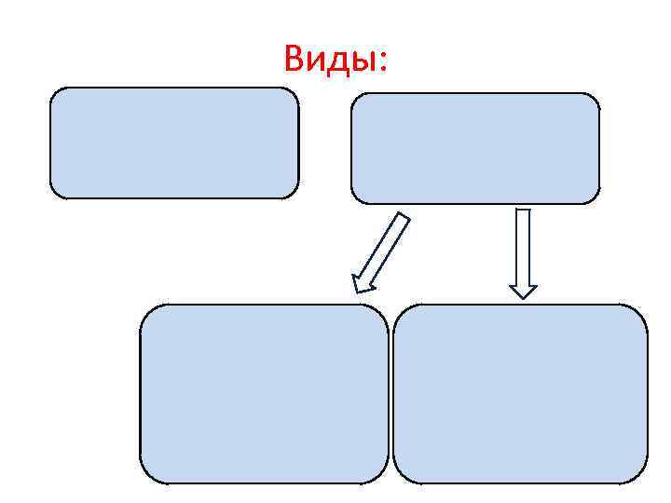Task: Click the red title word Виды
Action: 337,61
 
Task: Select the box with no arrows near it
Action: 174,143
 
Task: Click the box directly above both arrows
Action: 474,147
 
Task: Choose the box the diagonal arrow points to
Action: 264,393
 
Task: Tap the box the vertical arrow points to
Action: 520,393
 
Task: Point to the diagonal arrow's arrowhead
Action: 359,285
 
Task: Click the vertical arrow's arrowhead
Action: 524,290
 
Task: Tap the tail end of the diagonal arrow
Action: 404,218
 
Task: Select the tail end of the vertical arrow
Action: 524,211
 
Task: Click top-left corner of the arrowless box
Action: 53,91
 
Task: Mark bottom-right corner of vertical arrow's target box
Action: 643,479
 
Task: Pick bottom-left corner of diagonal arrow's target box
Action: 144,479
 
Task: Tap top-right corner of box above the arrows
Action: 596,97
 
